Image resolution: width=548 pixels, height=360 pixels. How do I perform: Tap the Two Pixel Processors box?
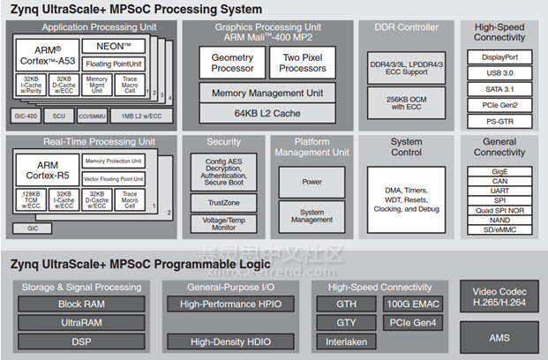click(304, 63)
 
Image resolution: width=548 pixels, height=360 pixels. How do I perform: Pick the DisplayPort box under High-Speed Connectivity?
click(499, 56)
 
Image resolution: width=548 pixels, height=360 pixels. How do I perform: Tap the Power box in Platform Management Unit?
click(312, 182)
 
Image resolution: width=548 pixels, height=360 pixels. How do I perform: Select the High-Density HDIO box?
click(231, 341)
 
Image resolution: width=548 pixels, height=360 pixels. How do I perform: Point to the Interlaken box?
click(348, 341)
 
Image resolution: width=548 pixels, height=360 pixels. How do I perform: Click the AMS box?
click(499, 337)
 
